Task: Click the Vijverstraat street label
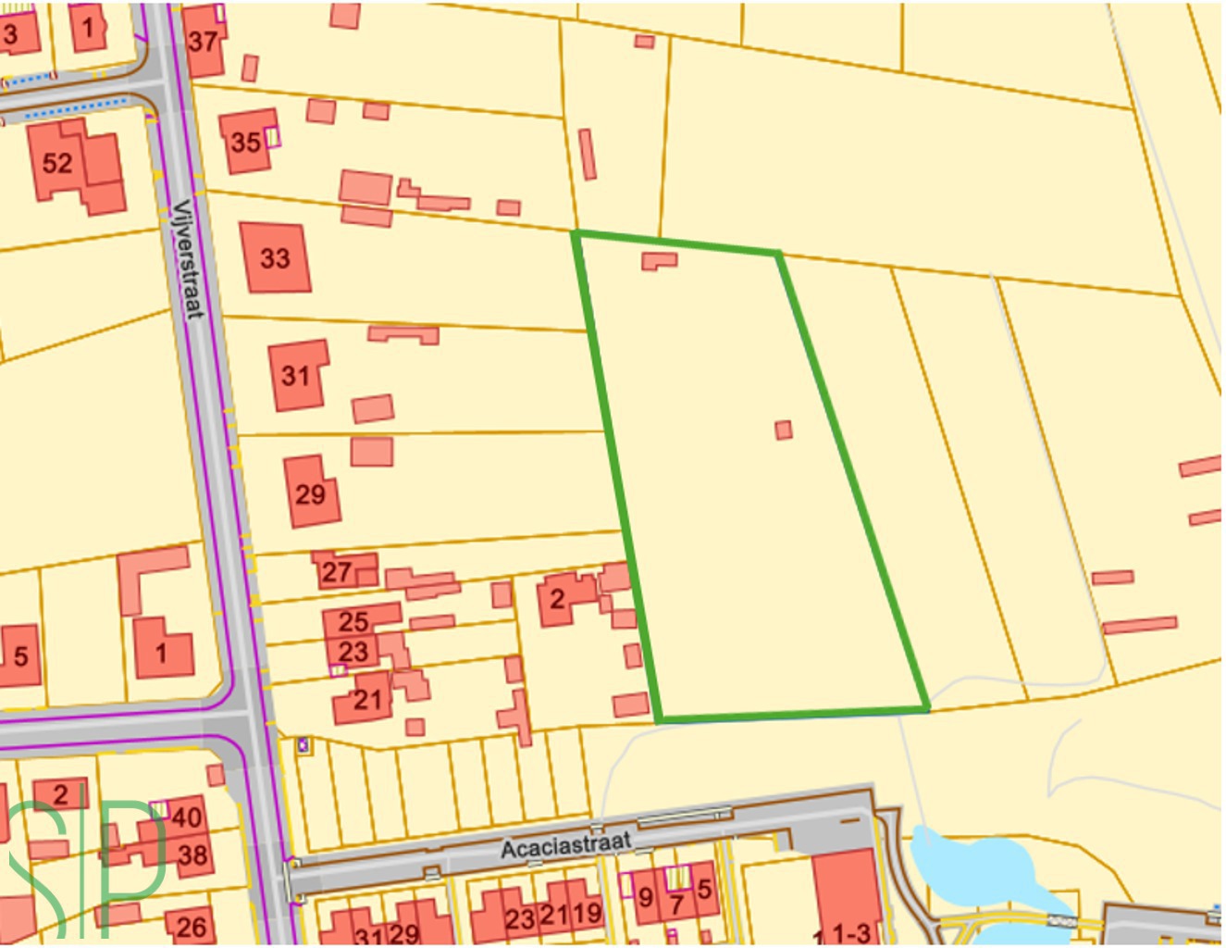(187, 258)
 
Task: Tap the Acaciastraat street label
(565, 845)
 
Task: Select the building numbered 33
(275, 257)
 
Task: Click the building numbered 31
(296, 375)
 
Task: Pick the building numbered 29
(310, 493)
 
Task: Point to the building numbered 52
(57, 163)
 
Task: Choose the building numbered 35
(246, 142)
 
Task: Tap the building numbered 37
(203, 41)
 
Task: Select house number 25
(353, 621)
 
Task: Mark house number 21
(367, 700)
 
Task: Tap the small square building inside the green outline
(784, 430)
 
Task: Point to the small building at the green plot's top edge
(659, 260)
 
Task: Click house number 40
(186, 817)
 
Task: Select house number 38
(192, 854)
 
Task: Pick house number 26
(191, 926)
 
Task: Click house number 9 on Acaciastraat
(646, 896)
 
